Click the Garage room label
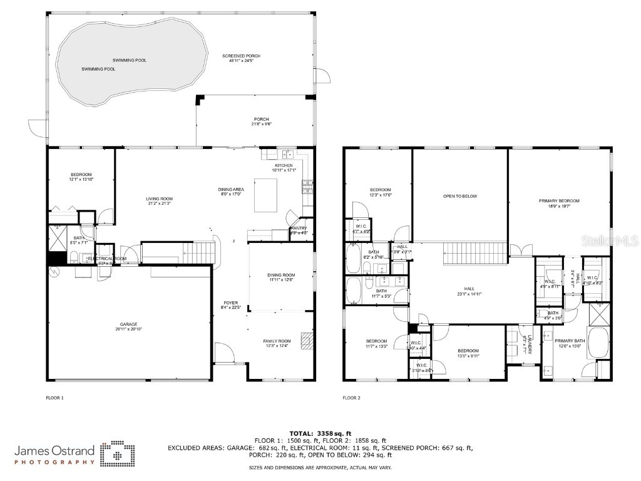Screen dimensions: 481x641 (126, 324)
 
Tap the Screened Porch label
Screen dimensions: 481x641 (241, 56)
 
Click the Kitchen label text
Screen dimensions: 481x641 (284, 165)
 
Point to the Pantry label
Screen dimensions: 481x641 (299, 228)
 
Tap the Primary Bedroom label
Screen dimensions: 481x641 (559, 201)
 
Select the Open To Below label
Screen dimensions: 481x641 (460, 196)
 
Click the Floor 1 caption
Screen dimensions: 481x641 (55, 398)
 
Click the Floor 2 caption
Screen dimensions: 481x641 (352, 398)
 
